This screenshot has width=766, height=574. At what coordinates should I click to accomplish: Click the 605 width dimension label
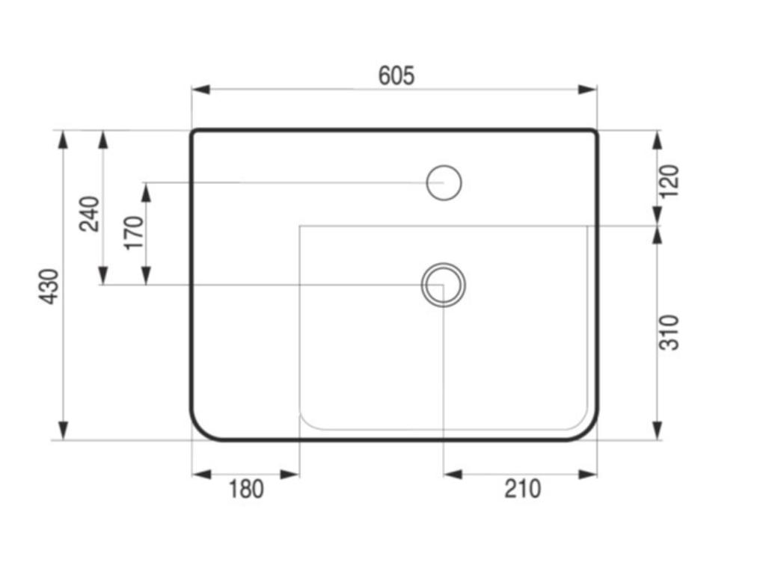(396, 75)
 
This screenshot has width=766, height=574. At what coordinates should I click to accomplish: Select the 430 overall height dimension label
(49, 286)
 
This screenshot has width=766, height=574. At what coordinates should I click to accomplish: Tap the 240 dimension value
(90, 213)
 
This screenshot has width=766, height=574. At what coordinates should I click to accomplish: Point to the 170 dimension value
(134, 232)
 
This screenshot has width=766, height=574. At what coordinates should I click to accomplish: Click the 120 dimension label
(670, 181)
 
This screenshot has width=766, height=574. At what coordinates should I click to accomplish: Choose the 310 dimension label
(670, 333)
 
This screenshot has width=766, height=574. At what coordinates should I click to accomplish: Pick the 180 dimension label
(246, 490)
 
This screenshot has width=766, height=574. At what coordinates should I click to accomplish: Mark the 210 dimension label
(522, 490)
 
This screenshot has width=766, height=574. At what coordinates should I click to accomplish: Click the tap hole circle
(444, 182)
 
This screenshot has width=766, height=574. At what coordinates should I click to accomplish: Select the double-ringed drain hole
(444, 285)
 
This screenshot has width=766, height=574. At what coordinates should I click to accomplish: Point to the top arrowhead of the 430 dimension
(64, 139)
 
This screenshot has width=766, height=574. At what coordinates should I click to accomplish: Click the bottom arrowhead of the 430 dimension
(64, 430)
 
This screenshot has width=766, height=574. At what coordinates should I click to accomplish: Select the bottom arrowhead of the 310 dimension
(657, 430)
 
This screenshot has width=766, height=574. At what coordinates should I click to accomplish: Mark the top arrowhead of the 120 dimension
(657, 139)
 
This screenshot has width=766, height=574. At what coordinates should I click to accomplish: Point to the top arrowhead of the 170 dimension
(146, 191)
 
